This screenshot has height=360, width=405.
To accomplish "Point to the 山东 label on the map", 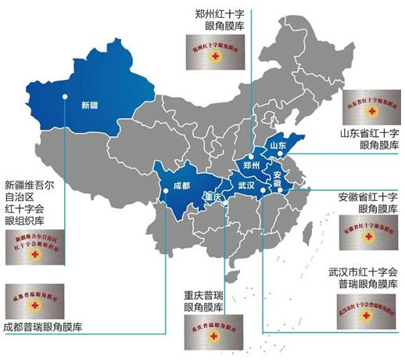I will pos(280,146).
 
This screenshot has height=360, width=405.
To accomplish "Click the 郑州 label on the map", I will pos(252,166).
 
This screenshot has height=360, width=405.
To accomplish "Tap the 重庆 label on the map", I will pos(212,196).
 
